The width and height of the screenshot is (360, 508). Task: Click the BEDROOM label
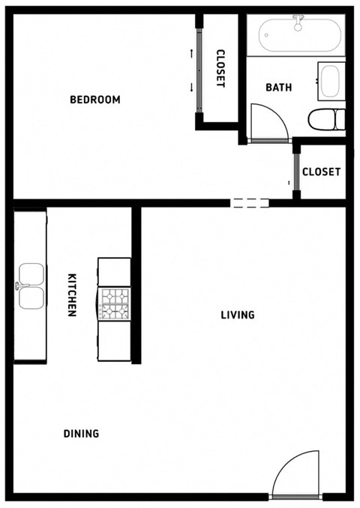point(95,100)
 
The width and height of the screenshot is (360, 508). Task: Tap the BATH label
point(279,88)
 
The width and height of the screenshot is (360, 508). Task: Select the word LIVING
point(238,315)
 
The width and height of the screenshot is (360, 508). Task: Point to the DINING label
point(81,433)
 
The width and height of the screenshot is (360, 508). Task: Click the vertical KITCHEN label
point(73,294)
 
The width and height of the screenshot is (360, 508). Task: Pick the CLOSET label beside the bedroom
point(220,69)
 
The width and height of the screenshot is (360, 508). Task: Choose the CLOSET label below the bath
point(321,172)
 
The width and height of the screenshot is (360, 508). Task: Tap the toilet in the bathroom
point(327,119)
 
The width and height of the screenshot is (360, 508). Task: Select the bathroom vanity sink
point(331,82)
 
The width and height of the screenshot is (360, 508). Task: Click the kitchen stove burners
point(115,304)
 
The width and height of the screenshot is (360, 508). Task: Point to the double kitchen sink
point(30,286)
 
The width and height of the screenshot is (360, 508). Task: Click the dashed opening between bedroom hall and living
point(250,202)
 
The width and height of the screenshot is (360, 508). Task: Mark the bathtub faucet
point(298,22)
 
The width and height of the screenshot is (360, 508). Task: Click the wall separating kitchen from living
point(136,285)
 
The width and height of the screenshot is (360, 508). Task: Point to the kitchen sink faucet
point(19,286)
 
